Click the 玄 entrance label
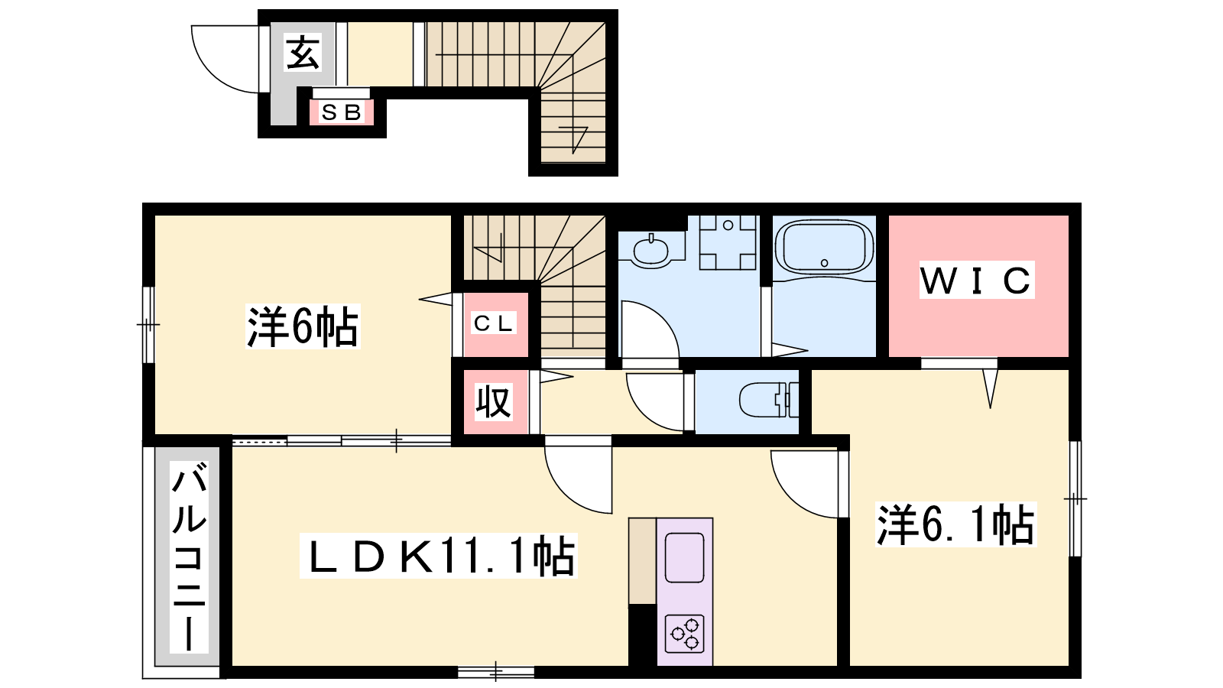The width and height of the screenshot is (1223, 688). coord(303,53)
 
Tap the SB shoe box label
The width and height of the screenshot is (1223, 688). coord(342,112)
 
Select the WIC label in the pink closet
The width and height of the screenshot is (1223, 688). coord(977,280)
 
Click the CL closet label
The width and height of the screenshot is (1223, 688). coord(494,323)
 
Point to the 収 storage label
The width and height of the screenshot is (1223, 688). coord(493,402)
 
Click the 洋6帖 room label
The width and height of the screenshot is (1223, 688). coord(303,326)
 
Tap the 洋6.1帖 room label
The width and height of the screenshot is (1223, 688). coord(956,524)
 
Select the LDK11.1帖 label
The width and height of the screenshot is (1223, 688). coord(439,556)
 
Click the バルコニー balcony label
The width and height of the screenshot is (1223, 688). coord(189,557)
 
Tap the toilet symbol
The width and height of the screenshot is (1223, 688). coord(769,400)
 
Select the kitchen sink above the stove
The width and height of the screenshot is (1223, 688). coord(685,557)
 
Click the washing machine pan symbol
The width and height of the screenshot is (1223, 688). coord(728,242)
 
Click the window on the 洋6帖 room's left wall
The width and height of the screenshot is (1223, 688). coord(148,325)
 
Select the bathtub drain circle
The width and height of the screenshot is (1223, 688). coord(825,263)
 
